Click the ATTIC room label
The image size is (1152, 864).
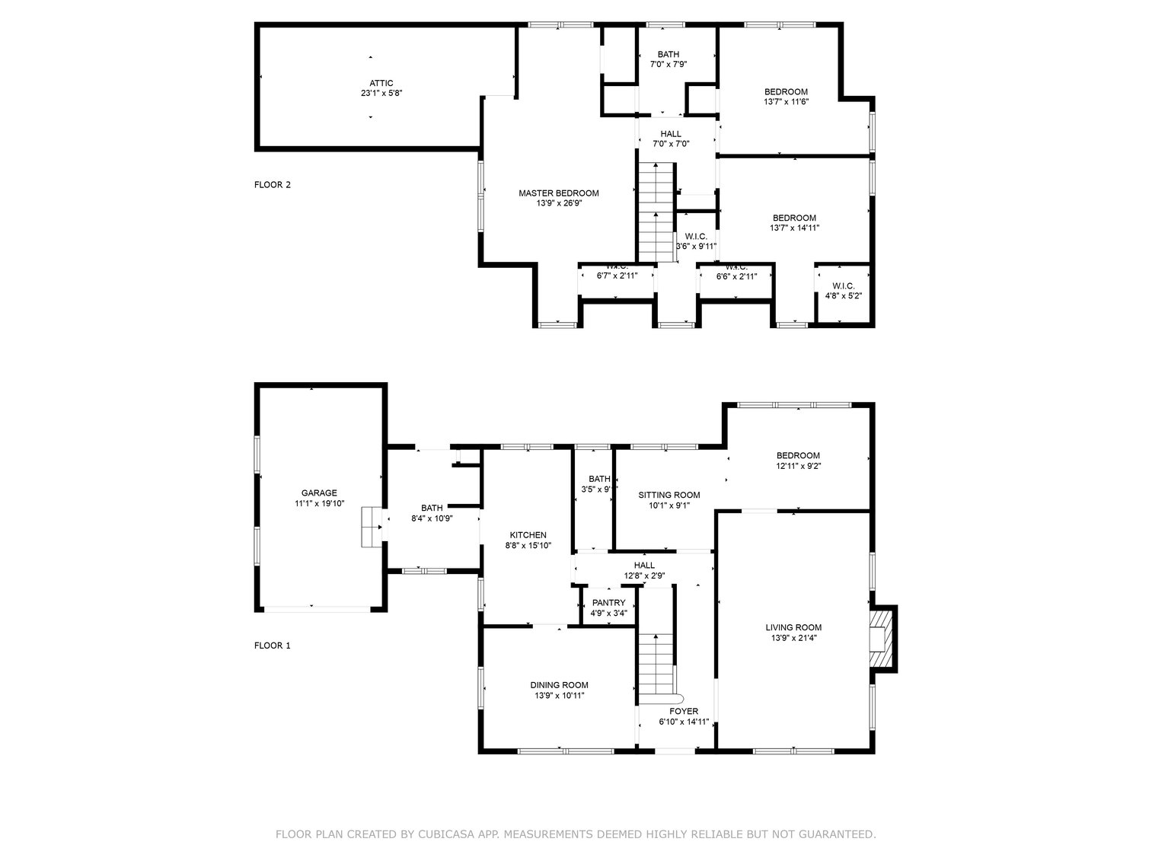point(381,83)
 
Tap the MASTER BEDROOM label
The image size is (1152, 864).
point(558,193)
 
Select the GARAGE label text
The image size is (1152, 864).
point(318,493)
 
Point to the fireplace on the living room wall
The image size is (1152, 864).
point(882,638)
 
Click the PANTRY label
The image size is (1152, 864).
point(608,603)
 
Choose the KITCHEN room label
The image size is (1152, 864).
point(528,535)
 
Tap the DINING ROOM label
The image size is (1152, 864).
point(559,685)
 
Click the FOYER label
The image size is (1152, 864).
point(683,712)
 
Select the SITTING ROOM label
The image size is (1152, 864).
point(669,495)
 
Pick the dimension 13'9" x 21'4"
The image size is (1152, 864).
point(793,639)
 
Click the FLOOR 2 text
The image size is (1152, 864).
point(273,184)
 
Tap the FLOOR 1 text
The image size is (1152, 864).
point(273,646)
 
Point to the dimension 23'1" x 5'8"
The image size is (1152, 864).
point(381,94)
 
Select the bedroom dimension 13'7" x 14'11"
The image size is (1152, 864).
point(794,228)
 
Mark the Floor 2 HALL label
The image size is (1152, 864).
point(671,134)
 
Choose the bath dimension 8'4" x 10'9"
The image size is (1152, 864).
point(432,518)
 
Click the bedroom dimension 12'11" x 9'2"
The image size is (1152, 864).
point(798,466)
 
